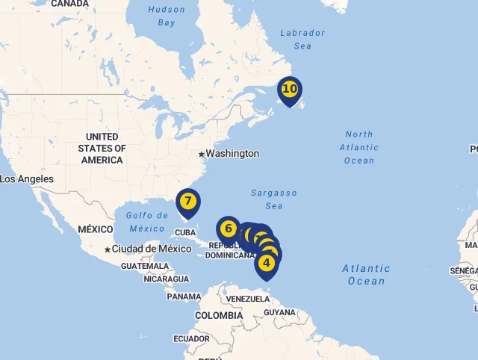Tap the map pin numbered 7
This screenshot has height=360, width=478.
(187, 201)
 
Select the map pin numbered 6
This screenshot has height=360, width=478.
(228, 229)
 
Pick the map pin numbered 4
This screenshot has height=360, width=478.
(267, 263)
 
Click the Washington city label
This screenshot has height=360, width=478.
(232, 154)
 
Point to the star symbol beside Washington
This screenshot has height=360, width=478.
(201, 154)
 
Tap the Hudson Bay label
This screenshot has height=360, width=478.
(166, 16)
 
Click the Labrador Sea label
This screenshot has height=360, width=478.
(302, 39)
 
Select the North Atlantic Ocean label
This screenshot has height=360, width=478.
(359, 147)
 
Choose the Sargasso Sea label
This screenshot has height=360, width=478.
(274, 199)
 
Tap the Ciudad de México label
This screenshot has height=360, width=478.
(152, 249)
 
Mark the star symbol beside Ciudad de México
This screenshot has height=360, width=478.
(108, 249)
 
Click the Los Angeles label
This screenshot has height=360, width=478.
(27, 179)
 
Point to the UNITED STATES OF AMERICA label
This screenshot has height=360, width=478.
(102, 148)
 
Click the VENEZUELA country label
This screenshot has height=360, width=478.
(247, 299)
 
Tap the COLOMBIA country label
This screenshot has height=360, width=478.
(219, 315)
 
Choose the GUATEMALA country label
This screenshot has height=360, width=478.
(145, 266)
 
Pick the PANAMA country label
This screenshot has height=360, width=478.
(184, 297)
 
